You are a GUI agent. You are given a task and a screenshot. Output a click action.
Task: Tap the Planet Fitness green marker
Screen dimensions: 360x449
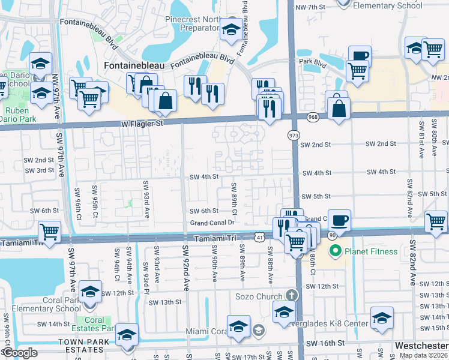(x=335, y=250)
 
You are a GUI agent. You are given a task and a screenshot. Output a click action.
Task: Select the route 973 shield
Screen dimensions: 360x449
(x=294, y=136)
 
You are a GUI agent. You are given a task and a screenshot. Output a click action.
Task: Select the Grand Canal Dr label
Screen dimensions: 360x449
(x=211, y=222)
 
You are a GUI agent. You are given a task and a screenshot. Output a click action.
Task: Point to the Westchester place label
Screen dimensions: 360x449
(x=421, y=346)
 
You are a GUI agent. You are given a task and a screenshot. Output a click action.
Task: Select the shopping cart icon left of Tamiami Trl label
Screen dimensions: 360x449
(x=49, y=231)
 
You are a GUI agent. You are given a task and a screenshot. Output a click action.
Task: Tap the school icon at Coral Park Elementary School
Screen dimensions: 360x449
(x=91, y=292)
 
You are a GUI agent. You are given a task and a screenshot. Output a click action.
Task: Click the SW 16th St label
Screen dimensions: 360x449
(x=326, y=344)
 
